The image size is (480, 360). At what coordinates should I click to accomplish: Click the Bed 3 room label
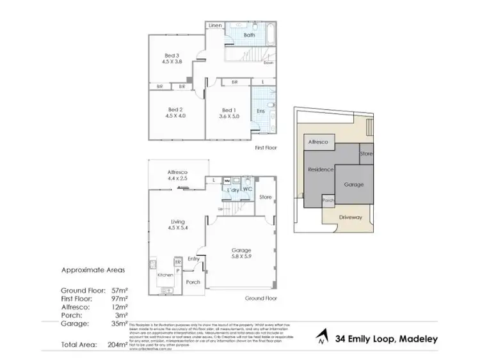pos(170,56)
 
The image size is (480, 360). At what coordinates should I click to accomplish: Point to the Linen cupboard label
pos(214,26)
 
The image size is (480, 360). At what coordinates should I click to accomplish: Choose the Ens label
pos(260,111)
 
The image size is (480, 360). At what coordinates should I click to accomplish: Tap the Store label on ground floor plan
pos(266,198)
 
